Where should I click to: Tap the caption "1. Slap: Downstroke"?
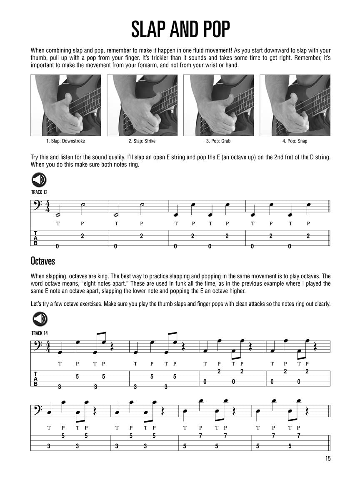pyautogui.click(x=66, y=141)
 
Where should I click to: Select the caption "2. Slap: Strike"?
pyautogui.click(x=142, y=141)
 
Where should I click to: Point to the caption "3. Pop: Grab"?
pyautogui.click(x=218, y=141)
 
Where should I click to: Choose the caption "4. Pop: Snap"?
pyautogui.click(x=295, y=141)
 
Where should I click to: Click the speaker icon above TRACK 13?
pyautogui.click(x=39, y=180)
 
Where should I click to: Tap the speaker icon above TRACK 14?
pyautogui.click(x=40, y=320)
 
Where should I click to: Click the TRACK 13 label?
pyautogui.click(x=40, y=192)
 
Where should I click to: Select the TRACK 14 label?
pyautogui.click(x=40, y=332)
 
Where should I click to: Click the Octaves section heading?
pyautogui.click(x=42, y=261)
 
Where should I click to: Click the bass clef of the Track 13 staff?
pyautogui.click(x=37, y=206)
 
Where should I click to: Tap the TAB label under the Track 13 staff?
pyautogui.click(x=35, y=238)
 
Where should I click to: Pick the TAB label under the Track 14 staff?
pyautogui.click(x=35, y=378)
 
